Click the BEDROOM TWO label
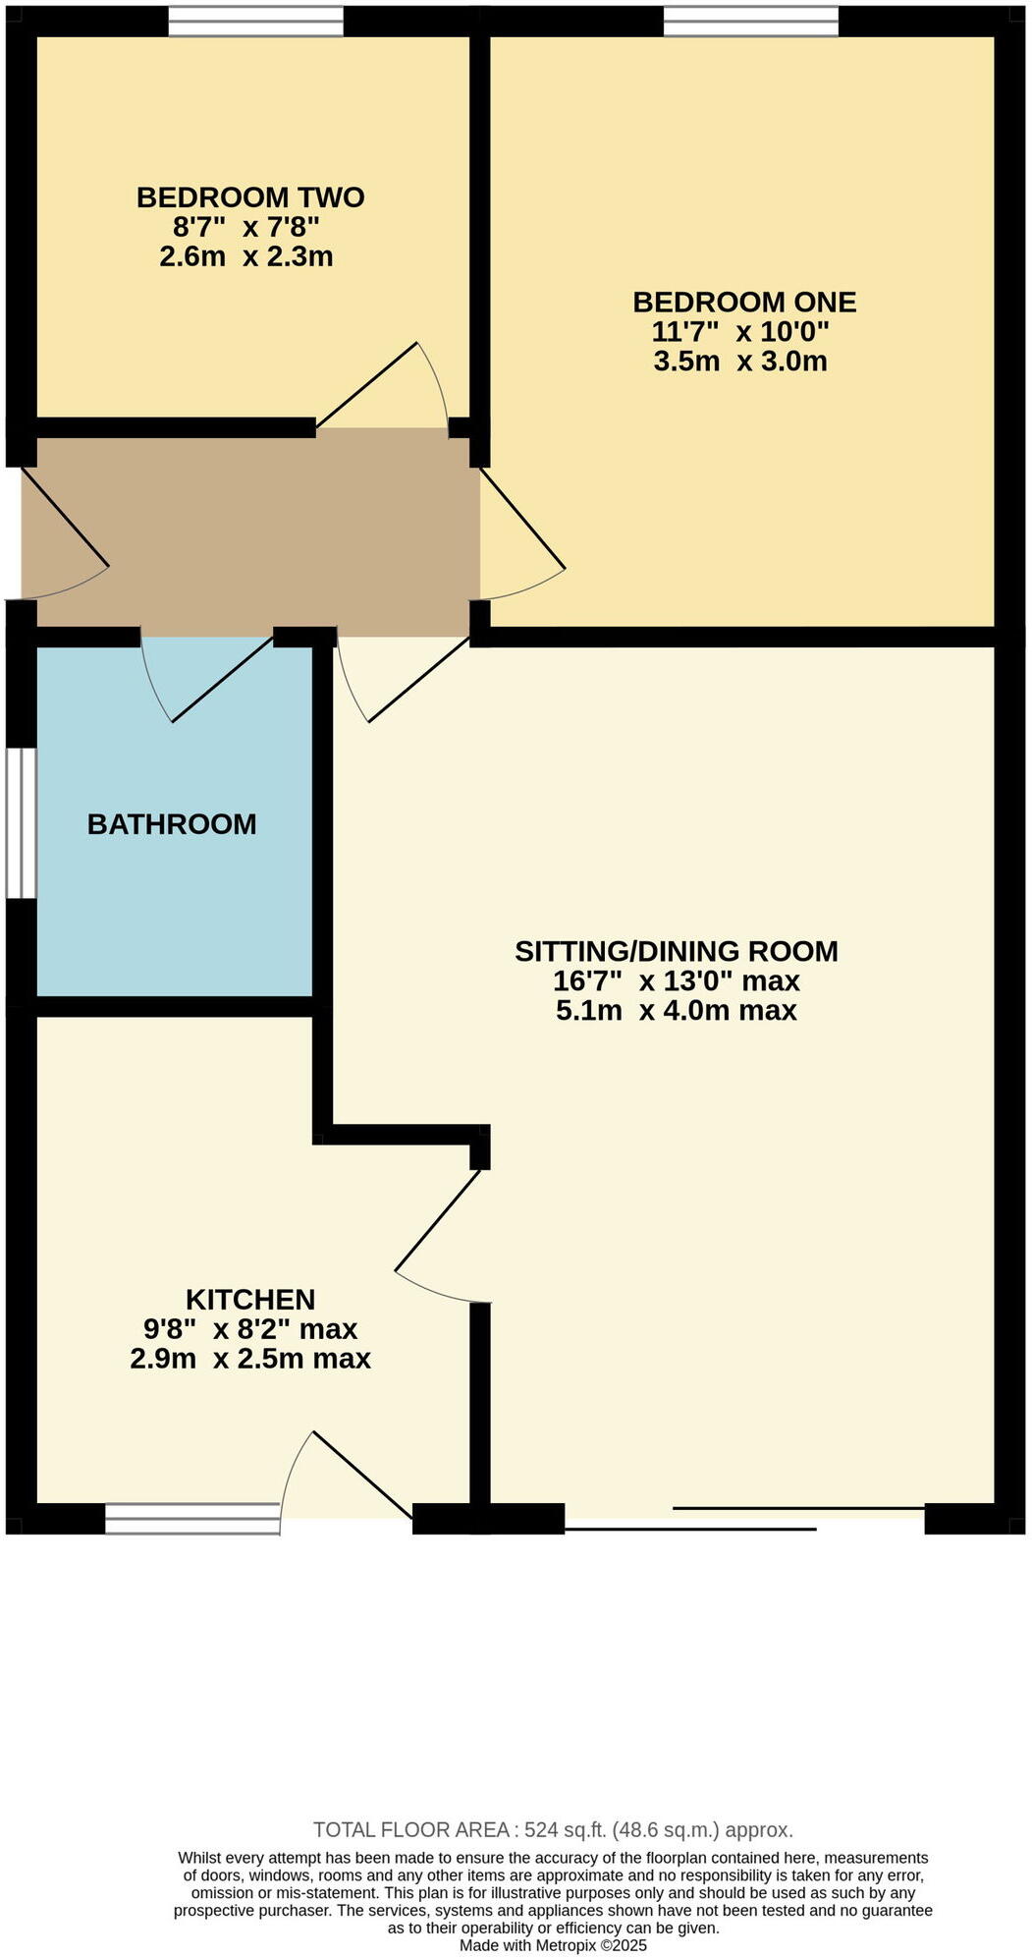tap(249, 197)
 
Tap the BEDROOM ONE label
tap(743, 302)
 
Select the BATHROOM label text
tap(172, 824)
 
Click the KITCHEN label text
tap(250, 1300)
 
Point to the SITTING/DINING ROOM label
tap(677, 951)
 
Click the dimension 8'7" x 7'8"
tap(246, 228)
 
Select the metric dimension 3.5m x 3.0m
tap(739, 362)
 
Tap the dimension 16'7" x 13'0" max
tap(677, 981)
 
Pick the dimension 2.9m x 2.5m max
tap(250, 1360)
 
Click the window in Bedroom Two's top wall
tap(255, 22)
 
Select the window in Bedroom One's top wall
tap(751, 22)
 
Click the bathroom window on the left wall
tap(21, 823)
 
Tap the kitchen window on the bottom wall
tap(192, 1519)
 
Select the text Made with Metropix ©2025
tap(553, 1945)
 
